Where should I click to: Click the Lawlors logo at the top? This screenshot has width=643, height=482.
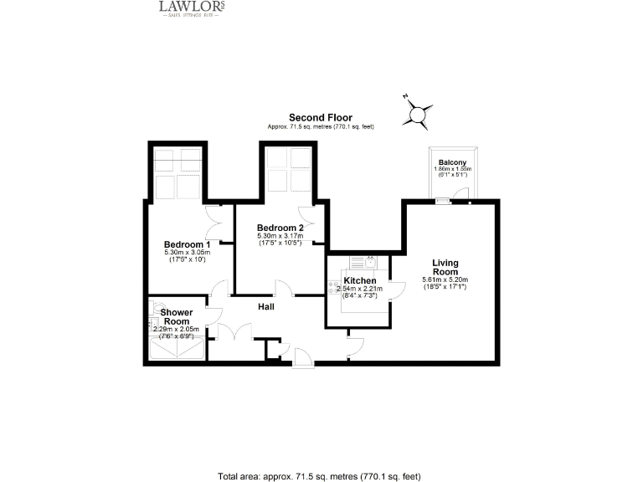pyautogui.click(x=192, y=8)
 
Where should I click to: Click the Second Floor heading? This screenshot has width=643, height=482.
pyautogui.click(x=321, y=117)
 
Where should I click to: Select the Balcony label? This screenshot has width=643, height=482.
pyautogui.click(x=453, y=162)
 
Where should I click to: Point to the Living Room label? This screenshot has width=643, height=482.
pyautogui.click(x=445, y=267)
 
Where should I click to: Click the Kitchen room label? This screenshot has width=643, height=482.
pyautogui.click(x=360, y=280)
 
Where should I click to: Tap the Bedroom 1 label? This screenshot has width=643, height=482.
pyautogui.click(x=187, y=244)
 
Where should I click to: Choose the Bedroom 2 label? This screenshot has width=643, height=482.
pyautogui.click(x=280, y=228)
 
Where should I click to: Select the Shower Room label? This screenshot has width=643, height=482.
pyautogui.click(x=177, y=316)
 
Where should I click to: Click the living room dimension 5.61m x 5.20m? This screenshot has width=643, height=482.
pyautogui.click(x=445, y=279)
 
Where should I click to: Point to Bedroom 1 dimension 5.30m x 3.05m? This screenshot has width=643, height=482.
pyautogui.click(x=187, y=253)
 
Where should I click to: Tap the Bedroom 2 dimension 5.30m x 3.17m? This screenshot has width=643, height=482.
pyautogui.click(x=280, y=236)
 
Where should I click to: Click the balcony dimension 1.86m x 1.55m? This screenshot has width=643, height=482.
pyautogui.click(x=453, y=169)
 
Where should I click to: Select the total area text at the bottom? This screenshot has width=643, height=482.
pyautogui.click(x=318, y=474)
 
